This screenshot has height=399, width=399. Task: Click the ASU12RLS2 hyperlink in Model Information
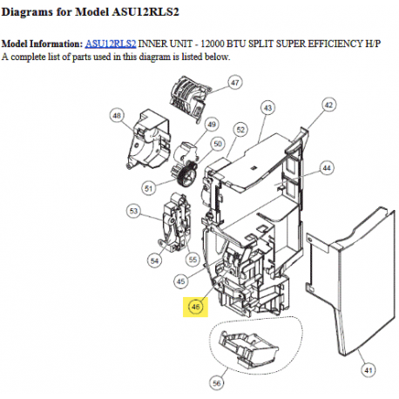tap(110, 44)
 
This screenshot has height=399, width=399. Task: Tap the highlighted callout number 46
tap(196, 306)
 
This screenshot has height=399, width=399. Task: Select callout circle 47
tap(234, 83)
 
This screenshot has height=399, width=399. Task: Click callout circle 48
tap(118, 114)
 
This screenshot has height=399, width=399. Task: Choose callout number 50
tap(219, 143)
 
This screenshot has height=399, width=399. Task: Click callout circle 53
tap(133, 211)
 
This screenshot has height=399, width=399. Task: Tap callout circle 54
tap(155, 260)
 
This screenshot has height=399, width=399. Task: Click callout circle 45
tap(181, 281)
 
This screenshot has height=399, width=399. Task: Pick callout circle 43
tap(267, 107)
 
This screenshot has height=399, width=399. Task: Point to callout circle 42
tap(328, 104)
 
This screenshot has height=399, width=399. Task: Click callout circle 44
tap(327, 166)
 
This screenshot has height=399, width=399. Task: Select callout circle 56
tap(217, 382)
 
